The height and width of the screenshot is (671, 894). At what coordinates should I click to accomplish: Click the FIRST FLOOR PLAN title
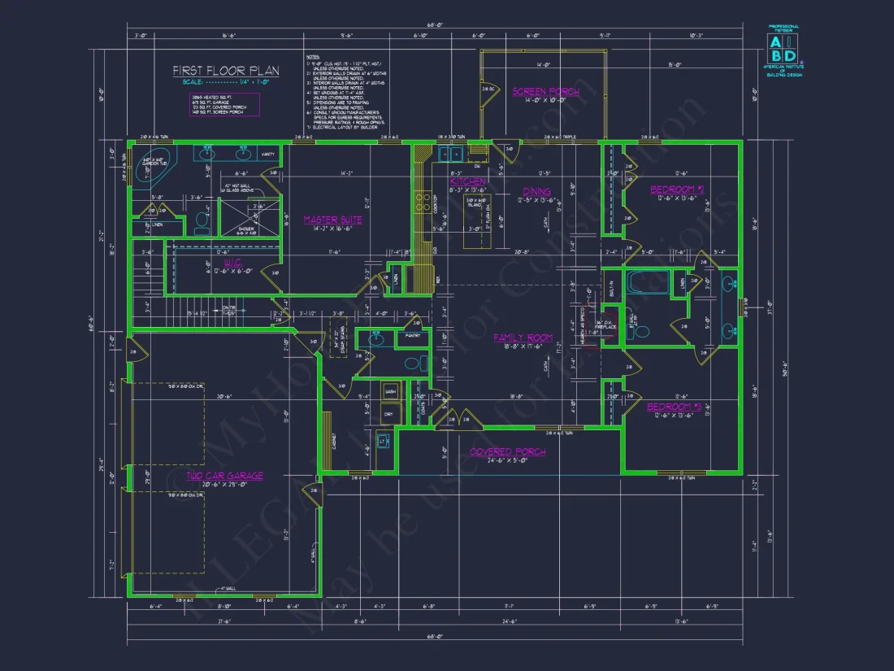[226, 71]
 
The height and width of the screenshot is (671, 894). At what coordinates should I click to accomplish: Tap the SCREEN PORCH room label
[545, 92]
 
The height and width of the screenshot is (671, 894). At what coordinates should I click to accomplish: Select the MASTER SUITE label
[332, 220]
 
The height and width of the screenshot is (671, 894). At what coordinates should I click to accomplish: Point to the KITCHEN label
[468, 181]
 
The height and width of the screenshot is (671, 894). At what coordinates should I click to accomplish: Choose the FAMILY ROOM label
[523, 338]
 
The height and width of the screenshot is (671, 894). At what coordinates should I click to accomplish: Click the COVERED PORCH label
[508, 451]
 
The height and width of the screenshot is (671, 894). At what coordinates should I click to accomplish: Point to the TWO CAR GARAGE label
[224, 476]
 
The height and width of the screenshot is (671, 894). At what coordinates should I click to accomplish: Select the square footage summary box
[223, 104]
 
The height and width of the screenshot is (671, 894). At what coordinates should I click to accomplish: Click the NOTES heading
[313, 59]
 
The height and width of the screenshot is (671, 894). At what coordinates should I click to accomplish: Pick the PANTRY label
[413, 334]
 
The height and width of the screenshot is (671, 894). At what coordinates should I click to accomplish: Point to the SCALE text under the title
[226, 82]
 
